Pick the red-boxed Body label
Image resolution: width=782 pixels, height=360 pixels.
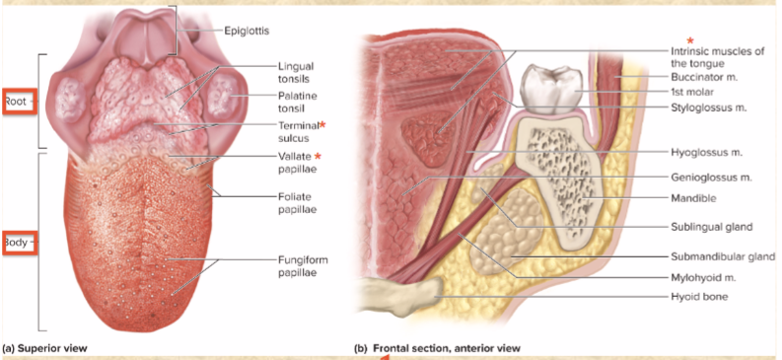tap(18, 241)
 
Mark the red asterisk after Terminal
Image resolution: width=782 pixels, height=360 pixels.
tap(321, 125)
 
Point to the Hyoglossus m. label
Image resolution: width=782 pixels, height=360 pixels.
tap(705, 153)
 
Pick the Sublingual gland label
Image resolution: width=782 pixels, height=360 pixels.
tap(711, 227)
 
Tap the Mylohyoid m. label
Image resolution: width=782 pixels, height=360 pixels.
tap(703, 277)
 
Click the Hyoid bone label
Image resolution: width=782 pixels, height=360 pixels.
tap(699, 296)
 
